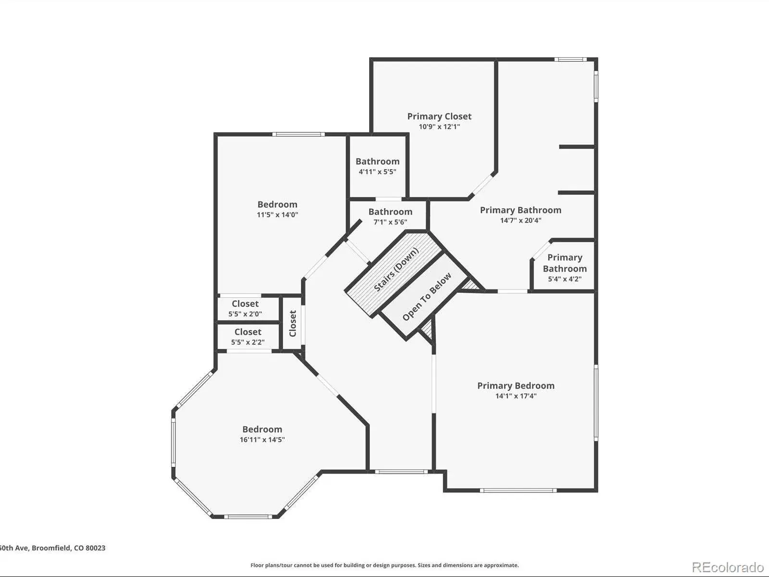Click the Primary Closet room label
coord(439,116)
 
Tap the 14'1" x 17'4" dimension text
coord(516,396)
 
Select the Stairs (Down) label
coord(396,269)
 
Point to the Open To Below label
coord(427,297)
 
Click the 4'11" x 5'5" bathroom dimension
coord(377,172)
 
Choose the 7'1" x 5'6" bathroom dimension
coord(390,222)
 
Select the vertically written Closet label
coord(293,323)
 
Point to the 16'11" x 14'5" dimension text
coord(262,439)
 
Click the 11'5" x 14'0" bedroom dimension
coord(277,214)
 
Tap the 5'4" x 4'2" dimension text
coord(565,279)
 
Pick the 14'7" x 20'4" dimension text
coord(521,220)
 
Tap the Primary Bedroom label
coord(516,386)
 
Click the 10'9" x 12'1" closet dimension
coord(439,126)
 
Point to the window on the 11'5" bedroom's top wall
coord(298,134)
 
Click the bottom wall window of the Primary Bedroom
coord(518,490)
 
